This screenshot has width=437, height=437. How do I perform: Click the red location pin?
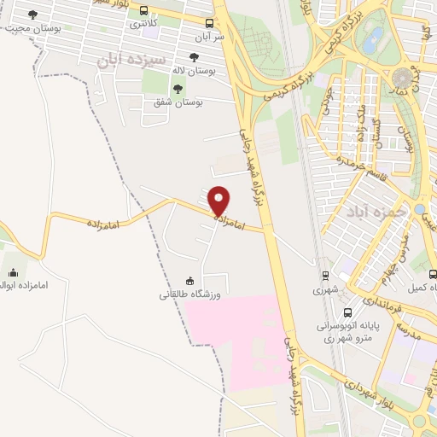point(219,201)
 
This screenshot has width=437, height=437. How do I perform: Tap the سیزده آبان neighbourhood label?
point(127,60)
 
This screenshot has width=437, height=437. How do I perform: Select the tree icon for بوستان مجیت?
point(33,15)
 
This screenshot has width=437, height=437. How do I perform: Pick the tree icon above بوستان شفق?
point(178,89)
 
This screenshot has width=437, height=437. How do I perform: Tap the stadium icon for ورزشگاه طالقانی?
point(189,282)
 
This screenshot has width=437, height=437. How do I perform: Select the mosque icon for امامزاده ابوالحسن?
point(12,273)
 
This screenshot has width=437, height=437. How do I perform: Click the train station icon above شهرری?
point(324,276)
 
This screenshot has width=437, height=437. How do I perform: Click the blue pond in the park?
point(373,38)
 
